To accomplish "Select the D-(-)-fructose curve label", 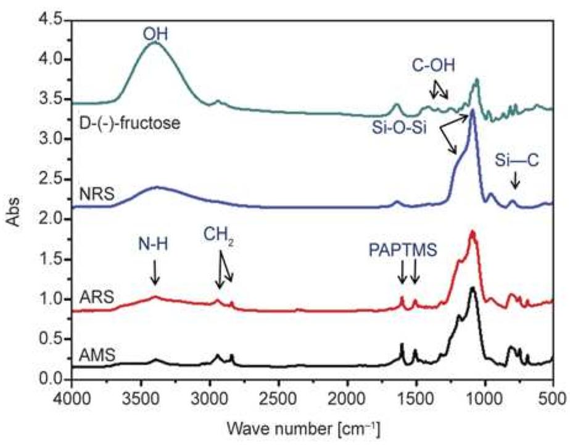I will pos(130,123).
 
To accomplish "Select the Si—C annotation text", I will pos(516,161).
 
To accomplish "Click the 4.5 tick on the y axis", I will pos(54,20).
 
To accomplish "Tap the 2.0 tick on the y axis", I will pos(54,219).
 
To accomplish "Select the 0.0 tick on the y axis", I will pos(54,379).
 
